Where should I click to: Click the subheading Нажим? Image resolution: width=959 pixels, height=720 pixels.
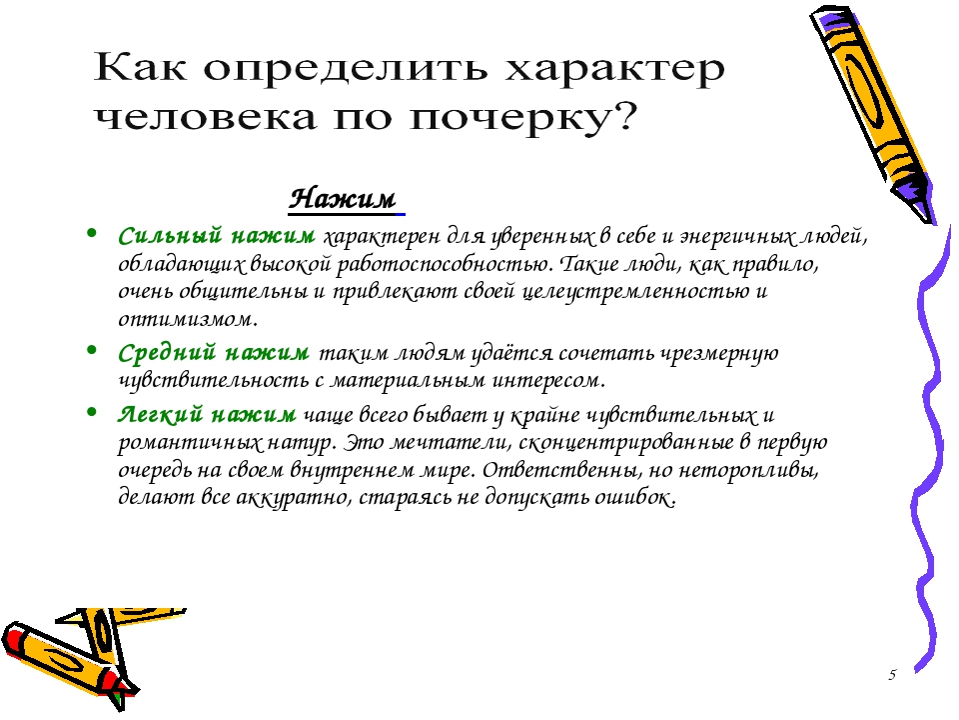tap(343, 199)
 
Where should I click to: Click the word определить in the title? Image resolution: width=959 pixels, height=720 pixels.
tap(345, 69)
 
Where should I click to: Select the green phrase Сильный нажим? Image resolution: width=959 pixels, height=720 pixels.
tap(217, 235)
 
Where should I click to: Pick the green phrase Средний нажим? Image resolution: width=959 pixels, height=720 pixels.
tap(214, 353)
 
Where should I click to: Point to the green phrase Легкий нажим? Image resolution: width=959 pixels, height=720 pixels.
tap(207, 414)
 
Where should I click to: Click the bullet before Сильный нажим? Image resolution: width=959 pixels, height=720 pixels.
tap(92, 233)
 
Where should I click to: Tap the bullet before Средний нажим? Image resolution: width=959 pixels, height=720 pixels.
tap(92, 350)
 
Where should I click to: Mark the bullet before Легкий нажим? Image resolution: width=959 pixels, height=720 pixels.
tap(92, 412)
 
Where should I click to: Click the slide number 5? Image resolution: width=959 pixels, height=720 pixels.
tap(892, 675)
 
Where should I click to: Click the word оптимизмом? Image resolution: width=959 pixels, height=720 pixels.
tap(185, 319)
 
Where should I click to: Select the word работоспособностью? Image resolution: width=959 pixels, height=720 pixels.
tap(438, 264)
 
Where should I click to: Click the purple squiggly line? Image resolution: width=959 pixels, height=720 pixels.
tap(927, 447)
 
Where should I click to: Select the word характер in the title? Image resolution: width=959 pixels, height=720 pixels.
tap(615, 69)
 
